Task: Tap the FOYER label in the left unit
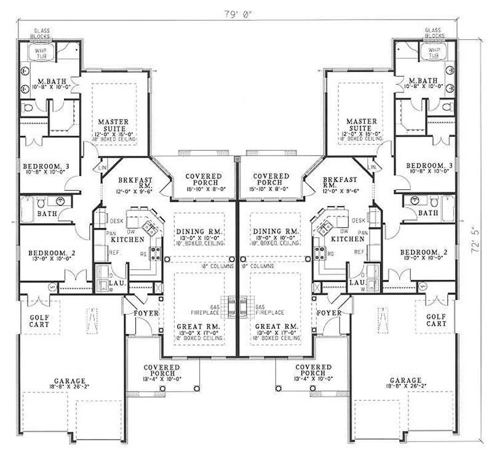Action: point(146,313)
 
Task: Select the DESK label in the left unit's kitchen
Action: point(117,220)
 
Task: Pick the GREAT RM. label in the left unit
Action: point(194,326)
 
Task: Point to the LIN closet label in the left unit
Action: point(103,167)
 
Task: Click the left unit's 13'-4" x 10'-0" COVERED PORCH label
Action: point(162,371)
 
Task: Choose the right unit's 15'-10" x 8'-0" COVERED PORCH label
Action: point(271,180)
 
